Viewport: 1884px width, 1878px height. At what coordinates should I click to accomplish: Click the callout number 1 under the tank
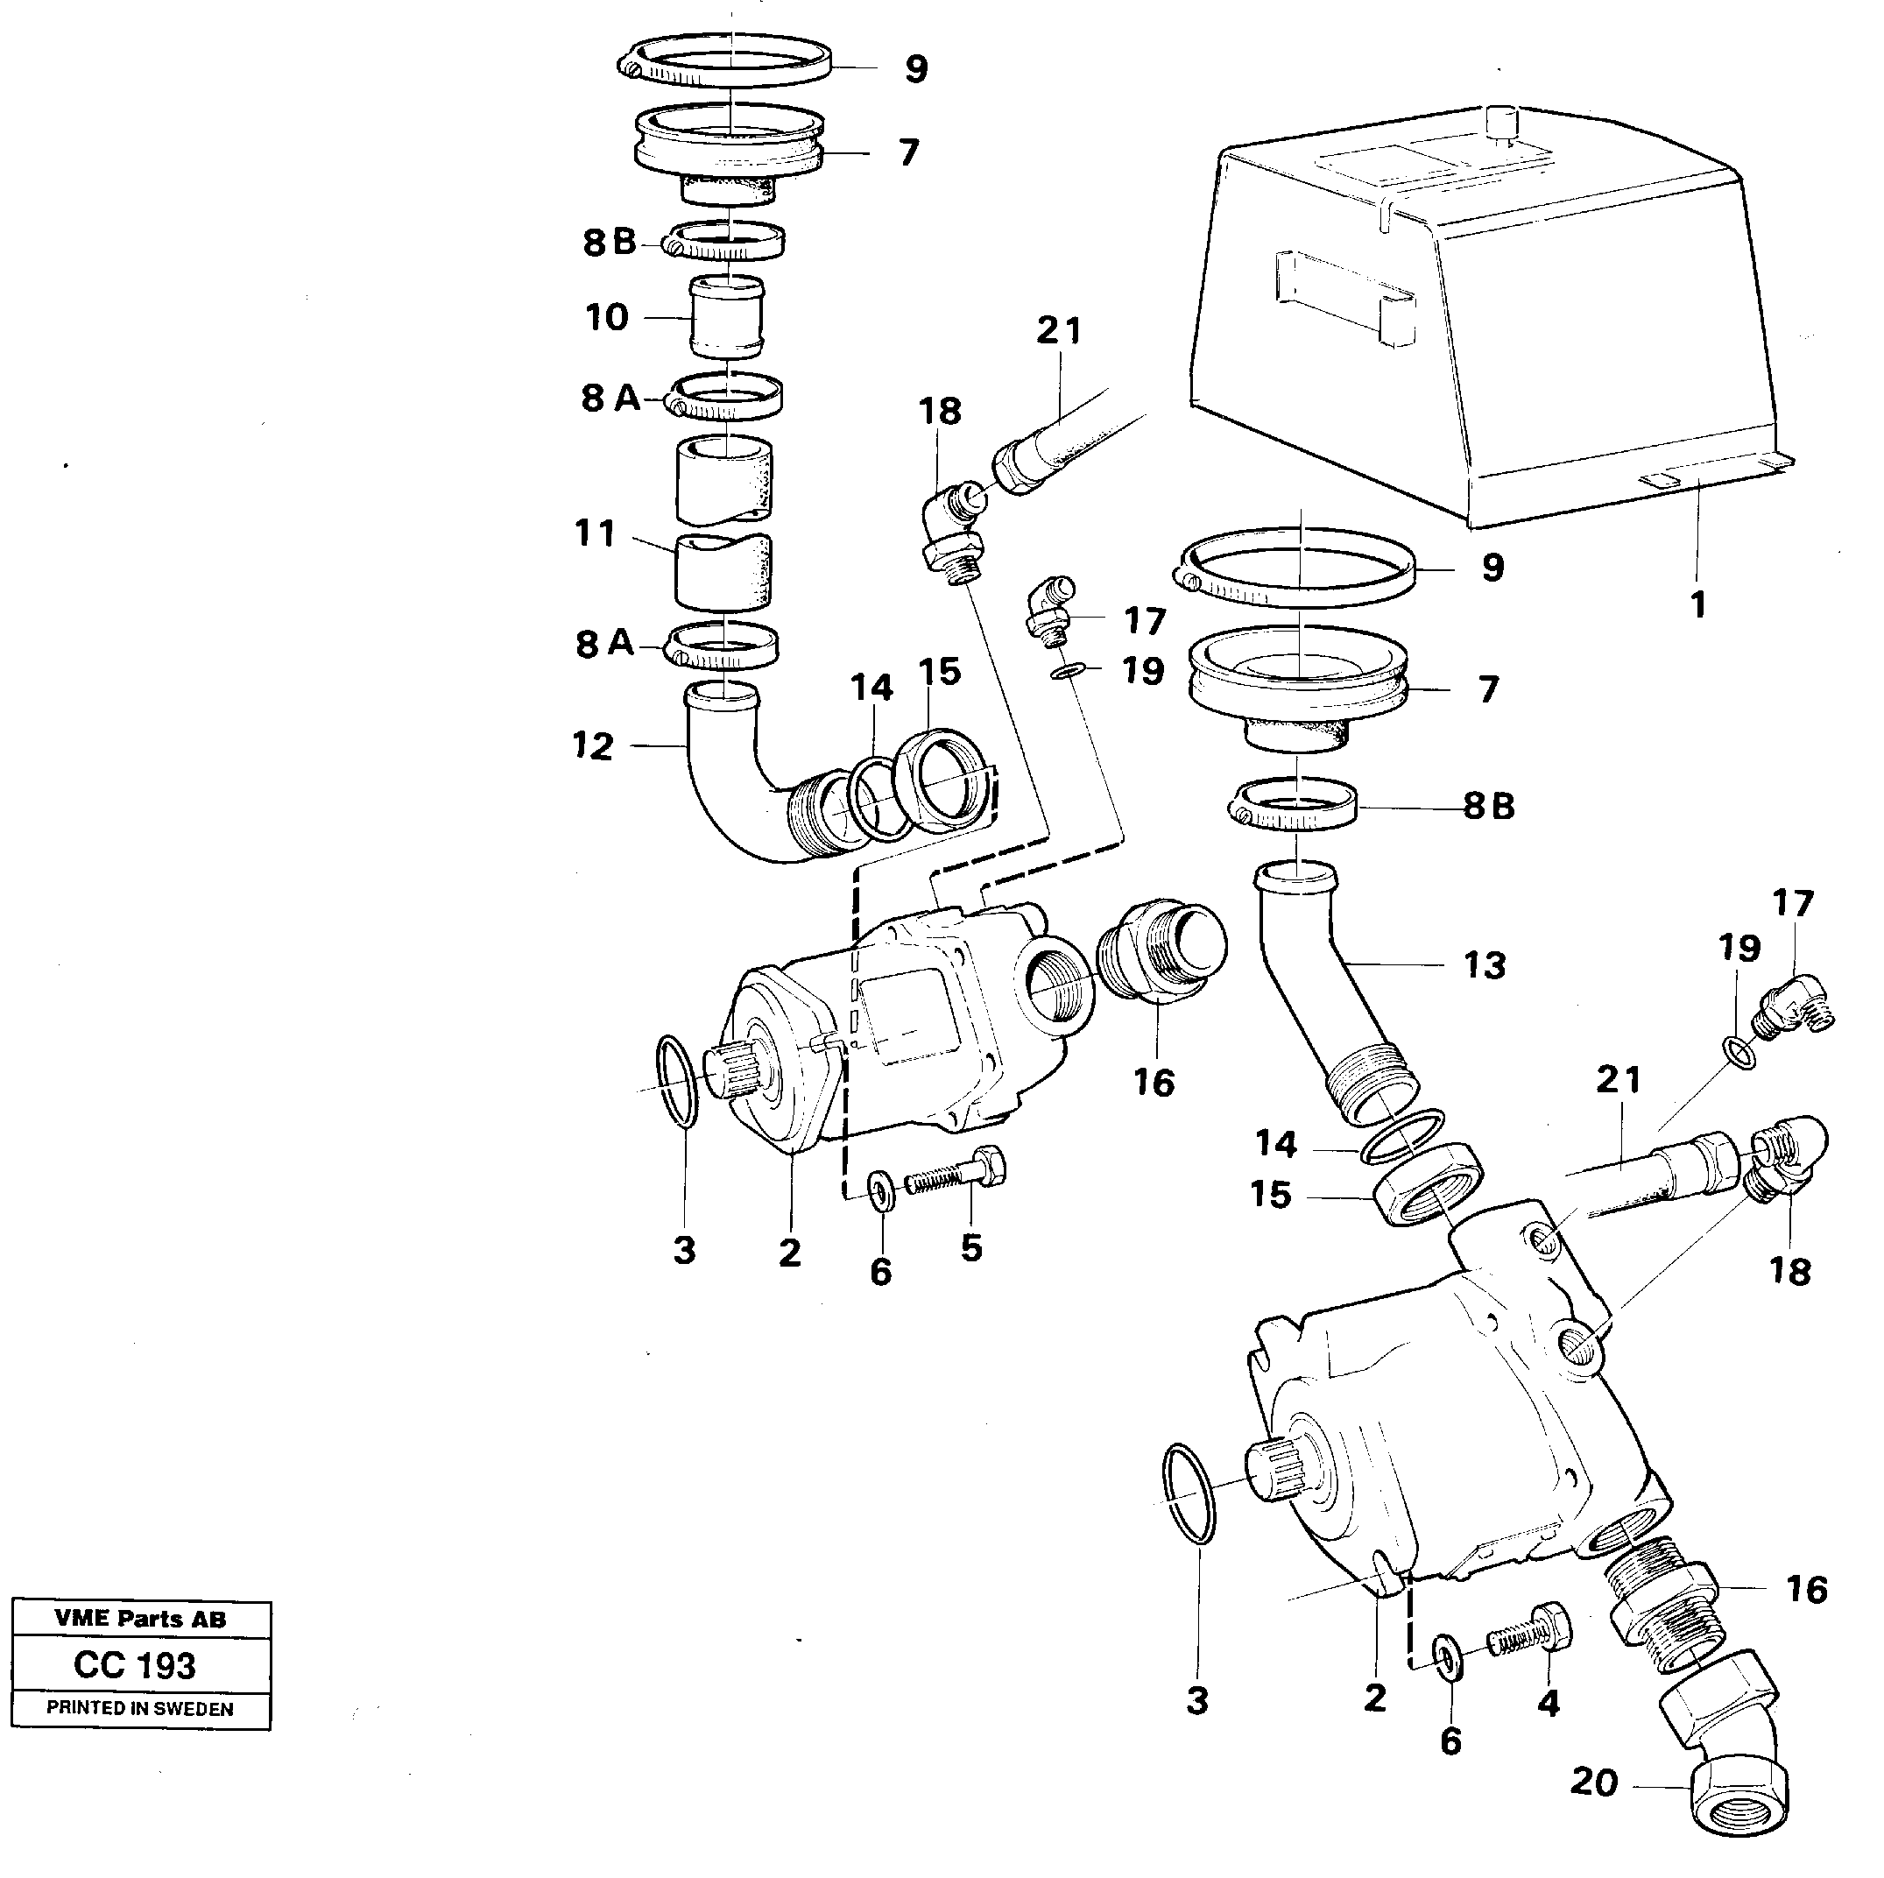point(1697,605)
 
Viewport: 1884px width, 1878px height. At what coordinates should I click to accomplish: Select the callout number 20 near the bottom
point(1594,1783)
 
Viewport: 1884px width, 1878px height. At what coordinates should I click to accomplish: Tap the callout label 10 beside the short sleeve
point(607,318)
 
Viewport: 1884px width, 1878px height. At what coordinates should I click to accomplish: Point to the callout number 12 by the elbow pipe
point(593,746)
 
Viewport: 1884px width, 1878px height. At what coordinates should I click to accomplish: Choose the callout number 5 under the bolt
point(971,1247)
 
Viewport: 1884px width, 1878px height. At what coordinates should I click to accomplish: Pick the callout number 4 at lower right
point(1548,1703)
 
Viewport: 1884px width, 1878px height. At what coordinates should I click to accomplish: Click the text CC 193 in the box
point(136,1664)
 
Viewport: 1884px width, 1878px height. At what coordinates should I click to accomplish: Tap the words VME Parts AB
point(140,1619)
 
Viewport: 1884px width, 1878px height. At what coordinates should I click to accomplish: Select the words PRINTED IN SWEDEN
point(140,1708)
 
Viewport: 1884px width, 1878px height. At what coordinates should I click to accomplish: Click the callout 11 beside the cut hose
point(596,533)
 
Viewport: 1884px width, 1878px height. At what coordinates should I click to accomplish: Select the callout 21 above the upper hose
point(1058,330)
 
